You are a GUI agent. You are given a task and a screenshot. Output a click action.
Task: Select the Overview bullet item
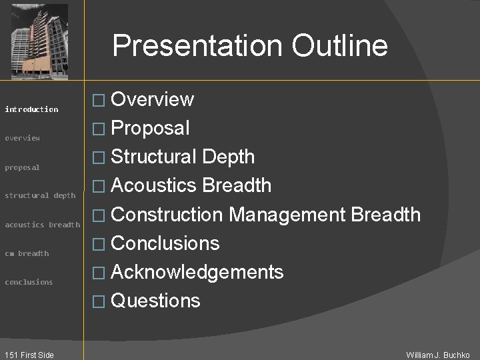tap(152, 99)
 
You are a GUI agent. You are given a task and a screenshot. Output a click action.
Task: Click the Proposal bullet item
tap(150, 128)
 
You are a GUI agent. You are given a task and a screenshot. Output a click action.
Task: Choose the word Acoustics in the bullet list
tap(154, 185)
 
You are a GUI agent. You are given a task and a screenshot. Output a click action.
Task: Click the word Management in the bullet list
tap(286, 214)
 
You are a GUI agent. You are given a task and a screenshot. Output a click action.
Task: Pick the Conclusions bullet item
tap(165, 243)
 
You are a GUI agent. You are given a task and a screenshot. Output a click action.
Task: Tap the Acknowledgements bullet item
tap(197, 272)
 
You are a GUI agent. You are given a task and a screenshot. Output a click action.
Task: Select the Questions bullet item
tap(155, 301)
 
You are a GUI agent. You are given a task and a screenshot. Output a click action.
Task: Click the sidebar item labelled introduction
tap(31, 109)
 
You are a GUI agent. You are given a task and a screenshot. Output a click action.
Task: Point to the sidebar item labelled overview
tap(23, 138)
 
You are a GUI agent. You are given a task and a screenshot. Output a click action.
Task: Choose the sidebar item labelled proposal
tap(23, 167)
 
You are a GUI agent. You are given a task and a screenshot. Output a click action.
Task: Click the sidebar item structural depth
tap(40, 195)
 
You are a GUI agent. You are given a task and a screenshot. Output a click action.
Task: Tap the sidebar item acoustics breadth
tap(42, 225)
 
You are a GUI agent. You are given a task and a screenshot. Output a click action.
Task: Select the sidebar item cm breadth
tap(27, 253)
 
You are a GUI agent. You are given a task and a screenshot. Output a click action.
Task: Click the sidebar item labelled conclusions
tap(29, 282)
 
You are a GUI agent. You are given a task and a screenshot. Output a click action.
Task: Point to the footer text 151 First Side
tap(28, 355)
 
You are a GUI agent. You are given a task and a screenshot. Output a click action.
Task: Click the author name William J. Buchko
tap(438, 355)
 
